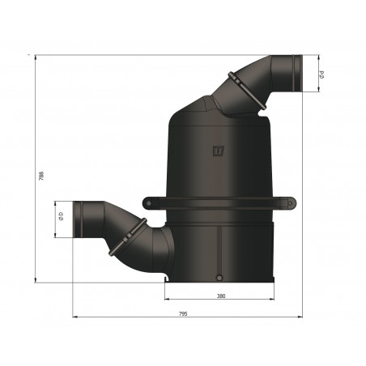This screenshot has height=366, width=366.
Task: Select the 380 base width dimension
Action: point(221,296)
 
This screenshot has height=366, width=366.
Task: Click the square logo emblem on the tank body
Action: point(217,150)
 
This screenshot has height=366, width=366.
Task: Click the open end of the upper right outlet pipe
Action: point(296,74)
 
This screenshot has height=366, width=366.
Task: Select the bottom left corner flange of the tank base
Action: point(168,279)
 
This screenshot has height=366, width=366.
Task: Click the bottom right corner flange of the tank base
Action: point(275,279)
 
